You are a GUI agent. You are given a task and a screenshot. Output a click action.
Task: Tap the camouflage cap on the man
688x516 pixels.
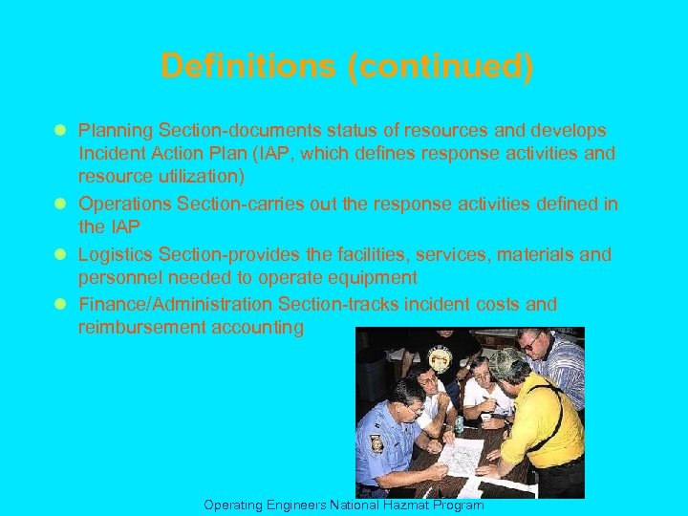click(x=505, y=362)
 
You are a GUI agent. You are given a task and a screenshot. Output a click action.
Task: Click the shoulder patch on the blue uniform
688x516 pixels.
click(x=376, y=443)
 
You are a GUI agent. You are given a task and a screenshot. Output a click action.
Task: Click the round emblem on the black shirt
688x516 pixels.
click(x=440, y=358)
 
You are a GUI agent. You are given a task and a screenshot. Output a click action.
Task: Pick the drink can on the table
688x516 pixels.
click(x=460, y=421)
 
